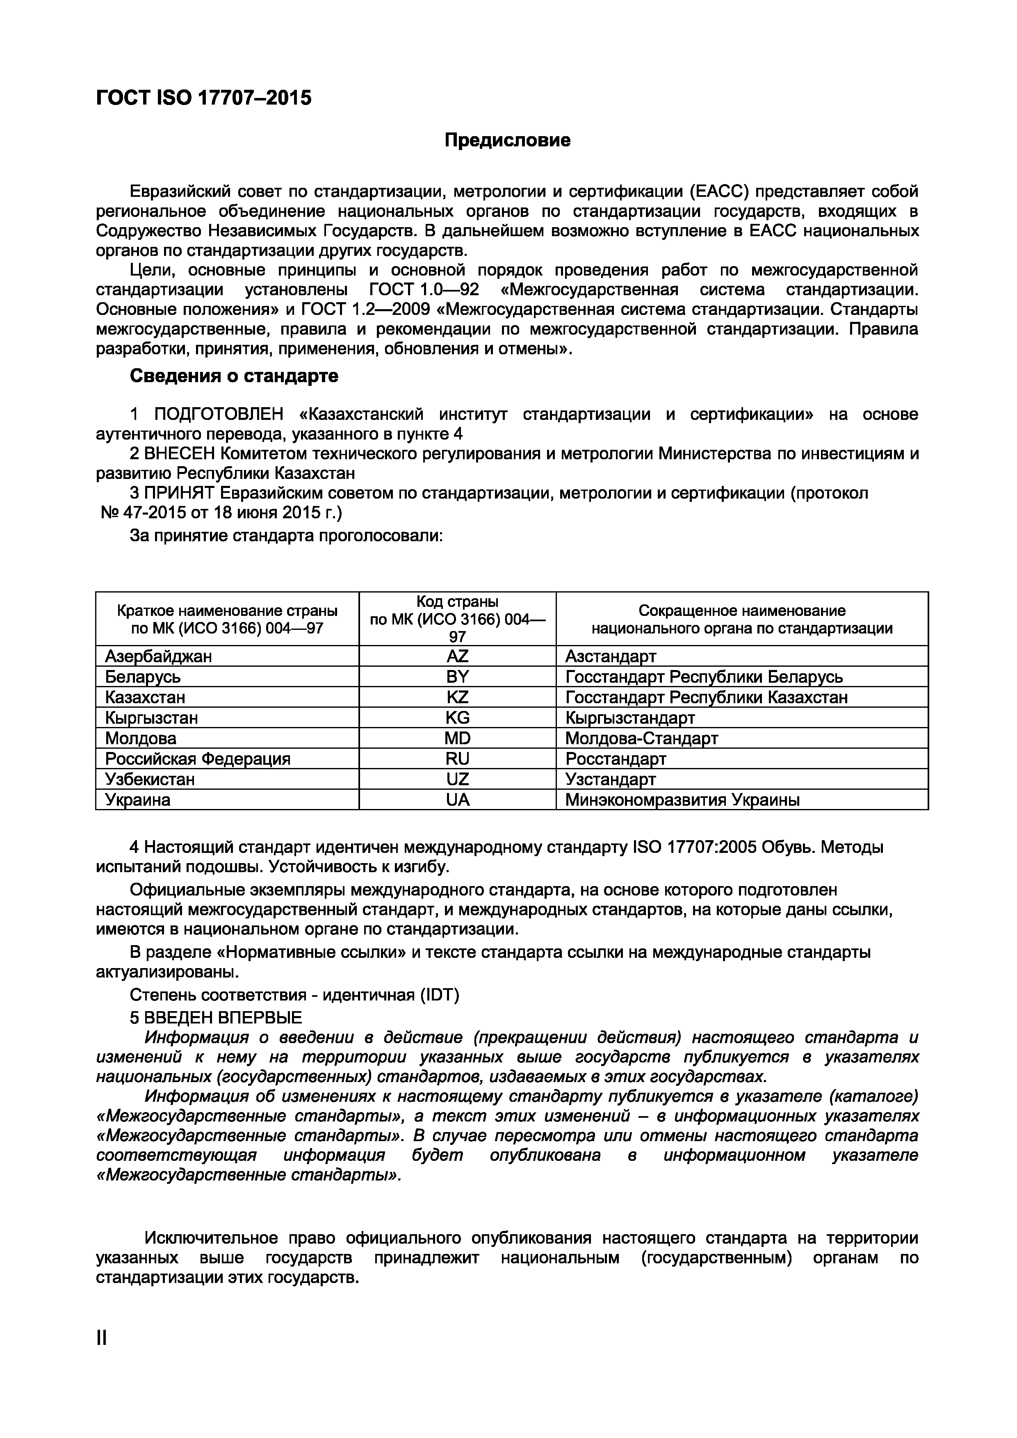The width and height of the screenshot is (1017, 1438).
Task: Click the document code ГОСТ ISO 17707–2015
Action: [203, 98]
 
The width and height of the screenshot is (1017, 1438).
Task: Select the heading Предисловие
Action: [507, 140]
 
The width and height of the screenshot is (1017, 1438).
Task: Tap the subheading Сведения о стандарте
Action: [234, 376]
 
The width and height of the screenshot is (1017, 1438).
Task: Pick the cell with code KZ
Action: [457, 697]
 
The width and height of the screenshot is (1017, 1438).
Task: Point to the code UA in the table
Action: [457, 800]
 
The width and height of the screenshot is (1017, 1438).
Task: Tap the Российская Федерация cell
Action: [198, 759]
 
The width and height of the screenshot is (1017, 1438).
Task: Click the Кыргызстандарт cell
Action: [630, 717]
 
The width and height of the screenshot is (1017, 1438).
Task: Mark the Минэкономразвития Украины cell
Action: [682, 800]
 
